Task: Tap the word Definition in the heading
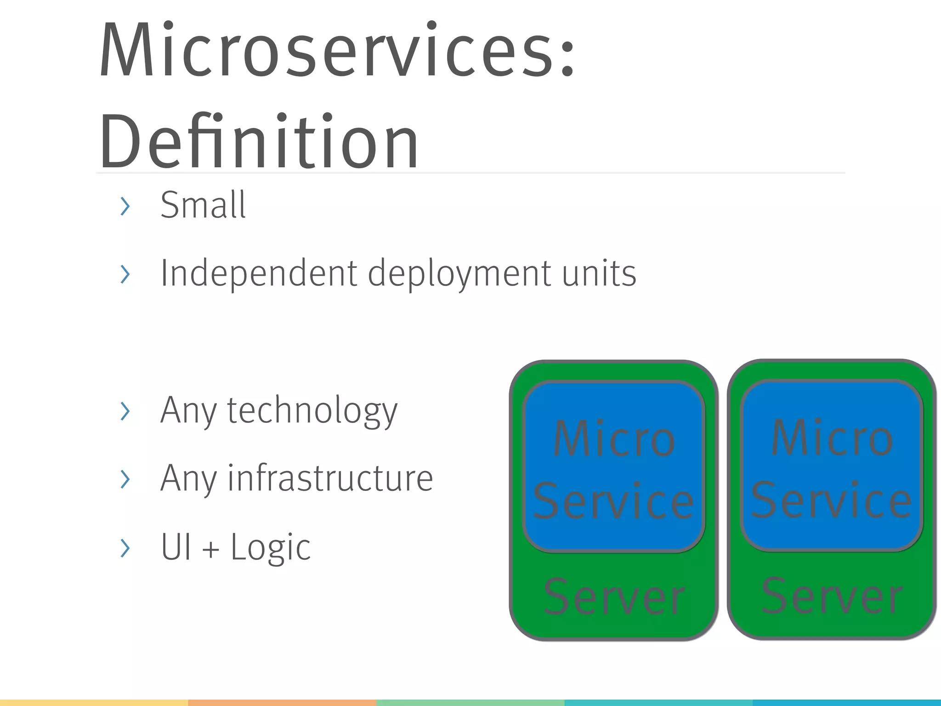point(259,142)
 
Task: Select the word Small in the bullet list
point(203,205)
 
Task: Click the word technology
point(312,410)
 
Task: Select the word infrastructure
point(330,478)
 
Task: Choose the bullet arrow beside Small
point(125,206)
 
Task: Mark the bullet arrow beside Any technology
point(125,411)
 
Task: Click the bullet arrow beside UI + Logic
point(125,548)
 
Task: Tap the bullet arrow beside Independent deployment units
point(125,274)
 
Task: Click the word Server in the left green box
point(614,598)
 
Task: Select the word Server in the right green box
point(832,597)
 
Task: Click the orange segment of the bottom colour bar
point(282,703)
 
